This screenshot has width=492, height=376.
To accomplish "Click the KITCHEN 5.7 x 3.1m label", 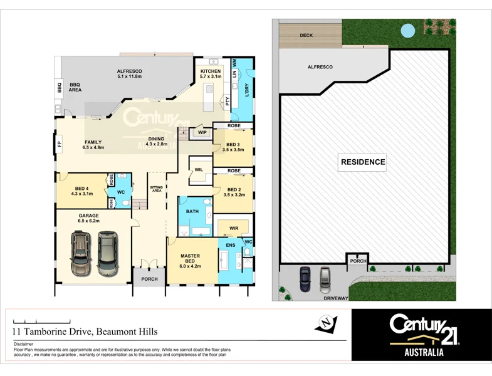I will [x=211, y=74].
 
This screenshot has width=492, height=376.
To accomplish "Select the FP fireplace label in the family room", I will [x=60, y=145].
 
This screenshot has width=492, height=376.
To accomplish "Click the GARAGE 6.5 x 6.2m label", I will [x=89, y=218].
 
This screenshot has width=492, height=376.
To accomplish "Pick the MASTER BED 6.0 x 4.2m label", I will [x=190, y=259].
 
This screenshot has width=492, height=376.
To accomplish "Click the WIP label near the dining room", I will [x=202, y=132].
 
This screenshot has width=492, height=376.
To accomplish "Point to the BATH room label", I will [x=192, y=211].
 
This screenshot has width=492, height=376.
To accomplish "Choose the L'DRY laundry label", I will [x=246, y=90].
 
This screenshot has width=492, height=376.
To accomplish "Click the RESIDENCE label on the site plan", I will [x=362, y=162].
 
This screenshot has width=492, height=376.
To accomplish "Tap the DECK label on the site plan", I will [x=306, y=36].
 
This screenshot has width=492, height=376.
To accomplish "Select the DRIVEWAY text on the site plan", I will [x=336, y=298].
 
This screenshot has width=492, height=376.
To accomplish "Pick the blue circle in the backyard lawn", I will [x=408, y=29].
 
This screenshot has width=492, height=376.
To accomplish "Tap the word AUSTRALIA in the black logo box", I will [x=421, y=352].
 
